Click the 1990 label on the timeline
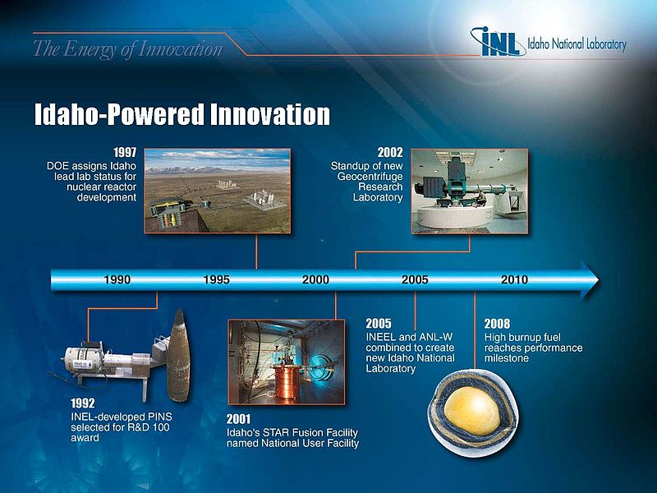pyautogui.click(x=117, y=279)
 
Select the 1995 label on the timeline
pyautogui.click(x=217, y=279)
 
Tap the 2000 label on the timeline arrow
pyautogui.click(x=316, y=279)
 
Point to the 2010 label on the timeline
pyautogui.click(x=515, y=279)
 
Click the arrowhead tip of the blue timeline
pyautogui.click(x=600, y=280)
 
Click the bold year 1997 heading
pyautogui.click(x=125, y=152)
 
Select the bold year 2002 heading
pyautogui.click(x=390, y=152)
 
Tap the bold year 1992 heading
pyautogui.click(x=83, y=403)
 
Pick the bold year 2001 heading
pyautogui.click(x=239, y=419)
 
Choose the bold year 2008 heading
pyautogui.click(x=498, y=324)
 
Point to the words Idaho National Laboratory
pyautogui.click(x=577, y=44)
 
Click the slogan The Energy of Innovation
pyautogui.click(x=128, y=49)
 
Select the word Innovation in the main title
pyautogui.click(x=270, y=114)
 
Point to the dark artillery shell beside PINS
pyautogui.click(x=178, y=356)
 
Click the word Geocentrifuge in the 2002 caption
pyautogui.click(x=370, y=177)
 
